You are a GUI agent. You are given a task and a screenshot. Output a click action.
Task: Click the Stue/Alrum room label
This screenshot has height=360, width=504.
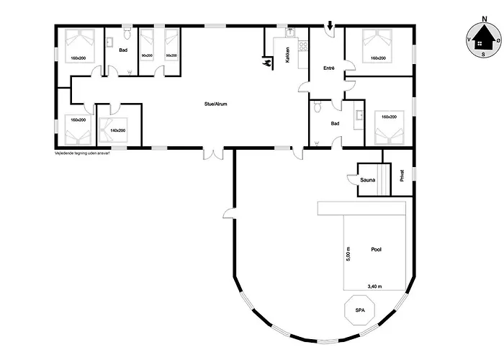[x=216, y=104]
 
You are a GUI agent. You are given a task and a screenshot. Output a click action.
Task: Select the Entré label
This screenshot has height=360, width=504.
[x=329, y=68]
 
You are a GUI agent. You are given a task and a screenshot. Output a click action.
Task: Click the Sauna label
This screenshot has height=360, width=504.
[x=368, y=179]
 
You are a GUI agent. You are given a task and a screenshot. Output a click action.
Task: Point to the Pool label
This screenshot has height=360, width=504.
[x=376, y=249]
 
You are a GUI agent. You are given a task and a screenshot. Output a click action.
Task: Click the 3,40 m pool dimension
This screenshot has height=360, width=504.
[x=375, y=286]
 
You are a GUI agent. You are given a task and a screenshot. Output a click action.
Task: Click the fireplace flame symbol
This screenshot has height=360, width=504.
[x=268, y=64]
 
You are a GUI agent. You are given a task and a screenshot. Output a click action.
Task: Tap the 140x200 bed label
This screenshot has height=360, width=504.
[x=117, y=130]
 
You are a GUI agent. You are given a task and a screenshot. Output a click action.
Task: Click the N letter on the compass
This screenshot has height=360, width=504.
[x=479, y=21]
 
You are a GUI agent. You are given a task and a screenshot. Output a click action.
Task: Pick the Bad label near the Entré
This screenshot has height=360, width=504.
[x=335, y=123]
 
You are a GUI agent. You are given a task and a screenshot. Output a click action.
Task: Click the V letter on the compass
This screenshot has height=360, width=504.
[x=468, y=39]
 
